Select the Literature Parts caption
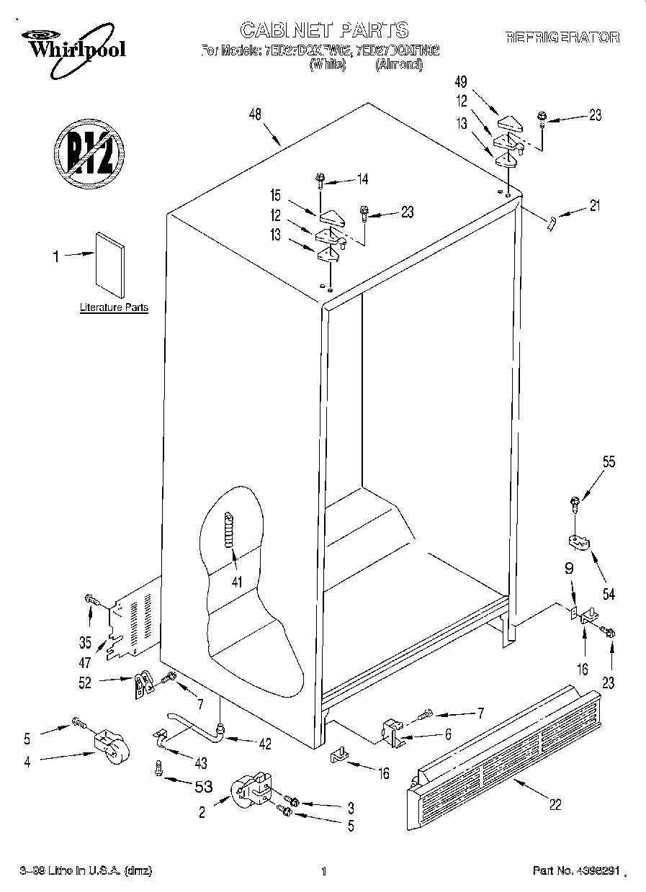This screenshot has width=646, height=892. click(x=114, y=307)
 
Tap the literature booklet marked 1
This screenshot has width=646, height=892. click(x=109, y=263)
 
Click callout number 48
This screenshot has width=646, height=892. click(x=254, y=114)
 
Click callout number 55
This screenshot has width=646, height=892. click(x=609, y=463)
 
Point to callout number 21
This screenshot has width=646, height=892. click(x=594, y=207)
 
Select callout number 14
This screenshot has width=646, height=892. click(x=362, y=179)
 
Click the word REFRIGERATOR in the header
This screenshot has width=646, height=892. click(x=562, y=37)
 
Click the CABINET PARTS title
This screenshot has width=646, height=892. click(x=323, y=30)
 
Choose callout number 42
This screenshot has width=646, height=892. click(x=266, y=744)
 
